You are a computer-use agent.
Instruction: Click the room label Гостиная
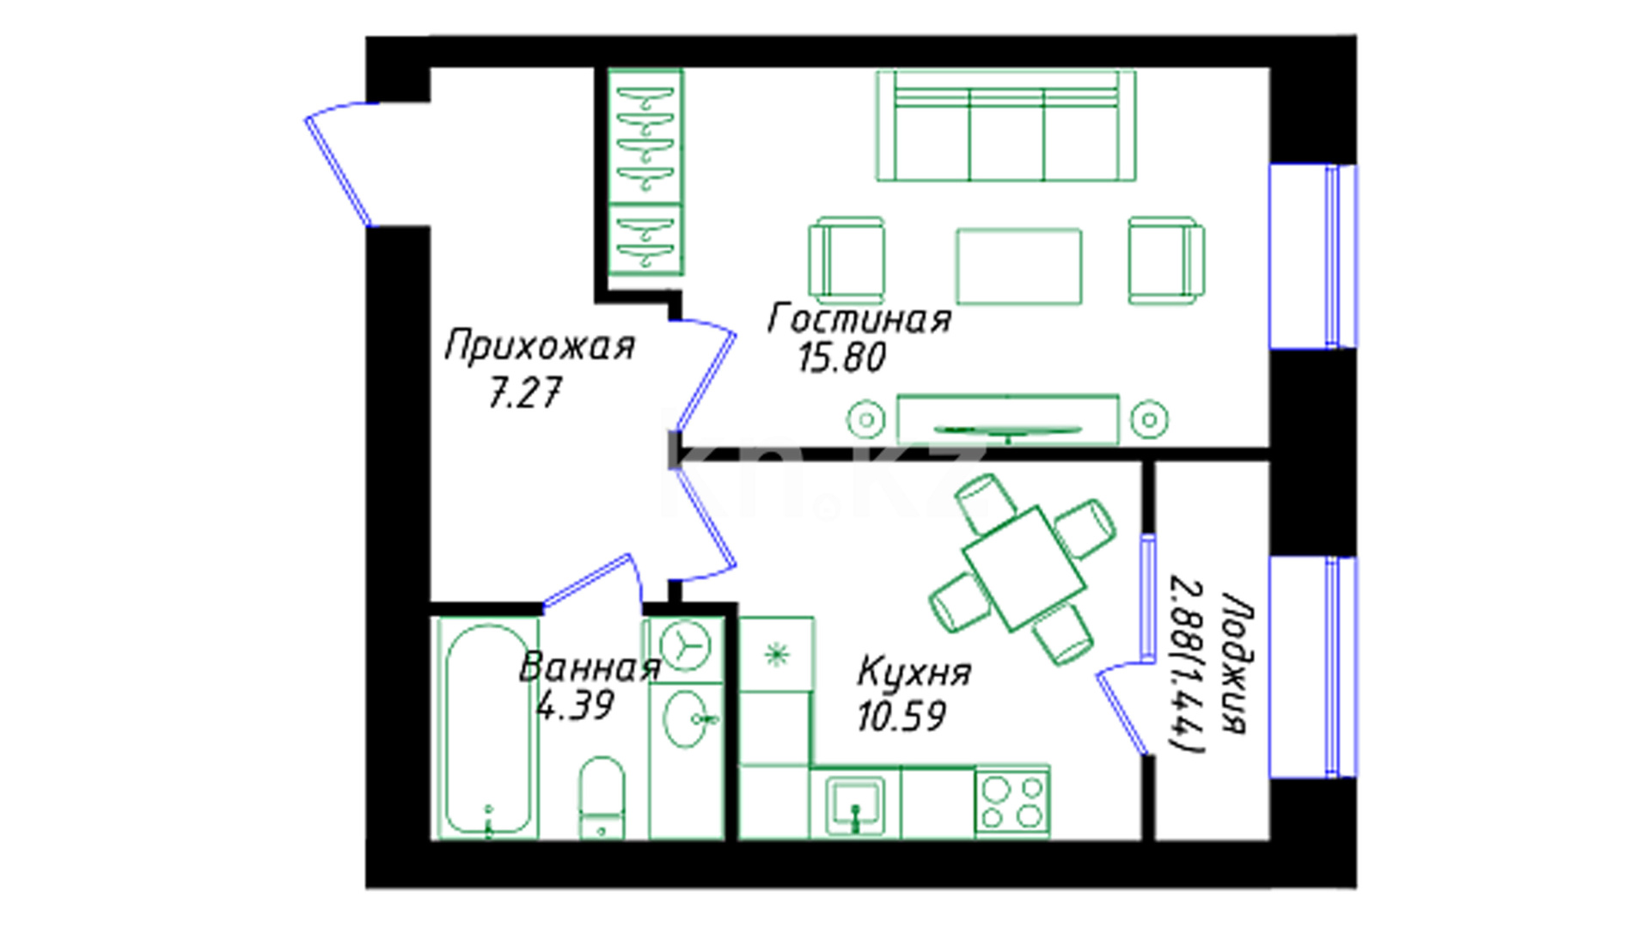pyautogui.click(x=859, y=319)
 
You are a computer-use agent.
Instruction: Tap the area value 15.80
pyautogui.click(x=841, y=357)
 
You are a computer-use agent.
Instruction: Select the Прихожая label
pyautogui.click(x=540, y=346)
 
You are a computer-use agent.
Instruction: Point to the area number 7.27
pyautogui.click(x=524, y=394)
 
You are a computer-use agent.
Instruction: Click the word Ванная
pyautogui.click(x=590, y=668)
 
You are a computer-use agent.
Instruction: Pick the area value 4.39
pyautogui.click(x=575, y=705)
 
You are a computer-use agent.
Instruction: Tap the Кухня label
pyautogui.click(x=914, y=671)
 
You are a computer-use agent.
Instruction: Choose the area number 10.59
pyautogui.click(x=901, y=716)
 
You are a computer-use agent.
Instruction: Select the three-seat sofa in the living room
pyautogui.click(x=1005, y=125)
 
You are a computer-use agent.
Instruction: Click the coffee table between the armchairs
pyautogui.click(x=1018, y=266)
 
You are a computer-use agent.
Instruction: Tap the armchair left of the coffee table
pyautogui.click(x=846, y=260)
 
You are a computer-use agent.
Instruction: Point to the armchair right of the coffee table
pyautogui.click(x=1166, y=260)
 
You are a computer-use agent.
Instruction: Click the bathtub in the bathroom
pyautogui.click(x=487, y=729)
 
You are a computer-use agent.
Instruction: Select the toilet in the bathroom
pyautogui.click(x=602, y=797)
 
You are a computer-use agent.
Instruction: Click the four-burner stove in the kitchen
pyautogui.click(x=1012, y=802)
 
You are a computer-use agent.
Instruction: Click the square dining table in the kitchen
pyautogui.click(x=1024, y=570)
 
